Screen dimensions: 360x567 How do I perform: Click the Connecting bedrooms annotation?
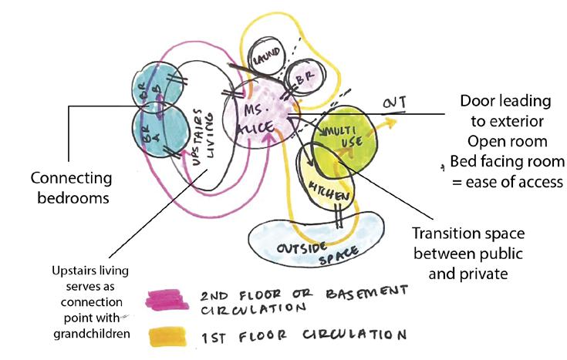71,187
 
